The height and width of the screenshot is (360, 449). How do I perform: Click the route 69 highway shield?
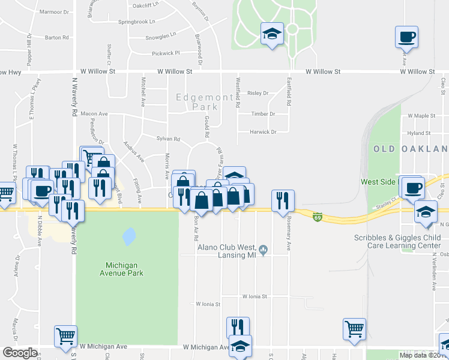316,217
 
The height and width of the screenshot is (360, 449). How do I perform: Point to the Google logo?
19,353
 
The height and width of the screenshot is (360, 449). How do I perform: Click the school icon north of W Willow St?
272,34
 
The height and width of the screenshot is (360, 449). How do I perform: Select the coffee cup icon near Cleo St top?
407,37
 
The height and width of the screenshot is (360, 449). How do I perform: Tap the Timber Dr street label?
263,113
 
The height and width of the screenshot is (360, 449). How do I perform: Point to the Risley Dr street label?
258,94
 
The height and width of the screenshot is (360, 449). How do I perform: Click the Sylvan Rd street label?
168,139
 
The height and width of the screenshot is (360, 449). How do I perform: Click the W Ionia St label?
257,296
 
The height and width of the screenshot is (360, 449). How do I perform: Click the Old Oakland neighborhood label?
411,149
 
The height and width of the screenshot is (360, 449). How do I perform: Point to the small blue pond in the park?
128,236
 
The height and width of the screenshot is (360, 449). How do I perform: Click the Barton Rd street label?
57,37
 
